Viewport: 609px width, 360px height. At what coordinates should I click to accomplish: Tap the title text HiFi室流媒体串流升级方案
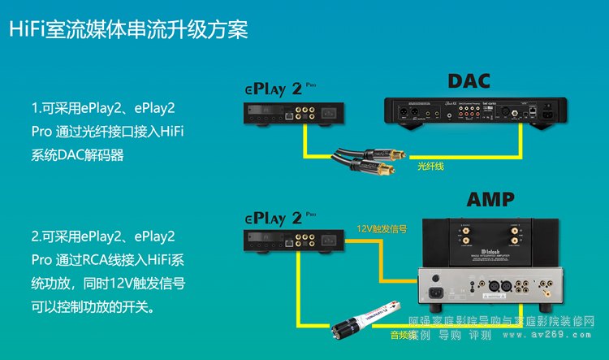pyautogui.click(x=127, y=30)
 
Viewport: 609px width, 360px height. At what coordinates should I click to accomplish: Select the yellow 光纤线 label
pyautogui.click(x=432, y=166)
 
